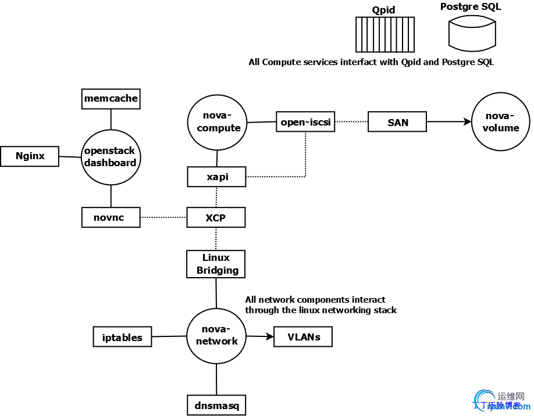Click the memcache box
(x=111, y=99)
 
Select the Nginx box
(x=30, y=156)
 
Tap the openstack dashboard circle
(x=111, y=157)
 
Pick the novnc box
(x=111, y=217)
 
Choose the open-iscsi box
(x=305, y=122)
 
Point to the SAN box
(x=397, y=123)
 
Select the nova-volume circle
(x=500, y=123)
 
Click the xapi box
(x=216, y=177)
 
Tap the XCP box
(x=216, y=218)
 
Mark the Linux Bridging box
(x=216, y=264)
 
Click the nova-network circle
(x=216, y=336)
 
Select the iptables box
(x=122, y=337)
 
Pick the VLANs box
(x=303, y=337)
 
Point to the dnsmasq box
(x=216, y=405)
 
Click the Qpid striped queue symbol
(x=385, y=35)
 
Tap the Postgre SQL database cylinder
(x=472, y=34)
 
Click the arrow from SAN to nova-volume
(x=448, y=123)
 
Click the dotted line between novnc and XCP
(x=163, y=218)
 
